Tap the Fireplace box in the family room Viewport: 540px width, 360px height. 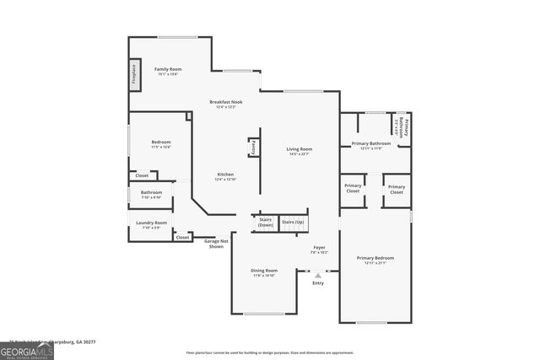(x=133, y=74)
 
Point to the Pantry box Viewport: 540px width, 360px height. (x=252, y=148)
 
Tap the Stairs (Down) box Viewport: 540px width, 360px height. (x=265, y=223)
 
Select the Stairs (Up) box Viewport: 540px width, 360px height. (x=293, y=223)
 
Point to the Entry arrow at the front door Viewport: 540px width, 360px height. (x=318, y=275)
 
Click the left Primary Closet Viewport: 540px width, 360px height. (x=354, y=188)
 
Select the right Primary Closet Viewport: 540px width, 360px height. (x=397, y=188)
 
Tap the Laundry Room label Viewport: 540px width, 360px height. (x=151, y=224)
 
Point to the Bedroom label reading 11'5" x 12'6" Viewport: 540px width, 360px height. (x=160, y=143)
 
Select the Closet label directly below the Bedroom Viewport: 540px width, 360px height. (x=142, y=175)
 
